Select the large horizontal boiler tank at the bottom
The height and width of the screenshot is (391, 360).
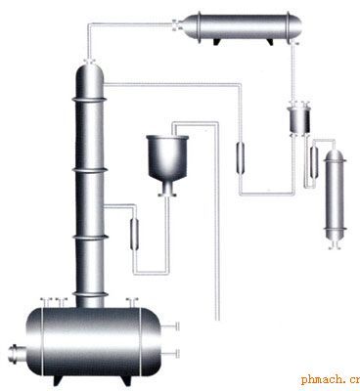coord(93,341)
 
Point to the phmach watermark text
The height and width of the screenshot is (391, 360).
coord(331,380)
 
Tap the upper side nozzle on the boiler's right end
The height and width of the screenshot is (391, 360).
coord(170,326)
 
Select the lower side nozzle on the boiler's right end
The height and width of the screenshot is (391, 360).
coord(170,353)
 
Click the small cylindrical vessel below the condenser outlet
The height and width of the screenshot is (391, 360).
coord(299,120)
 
